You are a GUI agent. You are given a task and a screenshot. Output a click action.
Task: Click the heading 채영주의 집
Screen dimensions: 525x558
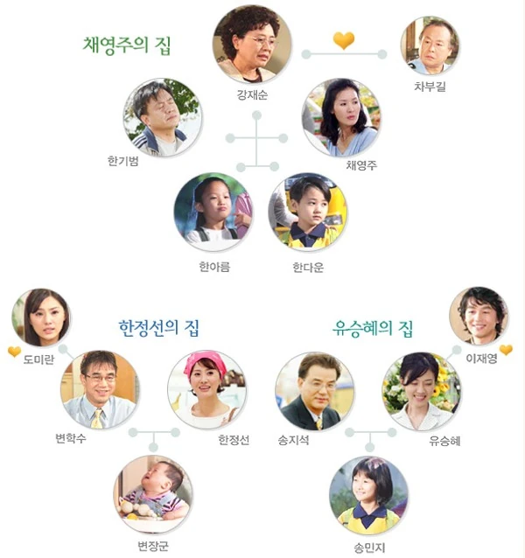[127, 45]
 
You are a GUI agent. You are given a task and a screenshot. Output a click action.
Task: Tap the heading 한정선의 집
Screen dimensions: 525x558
[159, 328]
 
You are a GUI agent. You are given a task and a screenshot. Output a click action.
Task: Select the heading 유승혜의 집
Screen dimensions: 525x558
[374, 329]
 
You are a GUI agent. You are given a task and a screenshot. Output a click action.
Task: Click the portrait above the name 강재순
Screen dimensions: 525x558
[252, 44]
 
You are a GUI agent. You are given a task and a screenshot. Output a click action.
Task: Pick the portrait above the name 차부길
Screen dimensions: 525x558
[430, 45]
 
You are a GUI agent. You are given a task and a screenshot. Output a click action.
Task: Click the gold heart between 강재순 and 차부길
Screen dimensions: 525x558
[344, 40]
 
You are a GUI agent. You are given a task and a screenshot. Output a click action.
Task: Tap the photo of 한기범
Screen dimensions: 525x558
[163, 117]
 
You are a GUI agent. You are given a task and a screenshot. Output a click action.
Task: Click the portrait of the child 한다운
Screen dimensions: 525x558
[307, 211]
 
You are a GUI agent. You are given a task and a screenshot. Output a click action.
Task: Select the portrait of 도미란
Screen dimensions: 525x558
[41, 317]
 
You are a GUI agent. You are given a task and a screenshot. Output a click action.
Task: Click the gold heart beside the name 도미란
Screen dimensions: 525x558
[14, 352]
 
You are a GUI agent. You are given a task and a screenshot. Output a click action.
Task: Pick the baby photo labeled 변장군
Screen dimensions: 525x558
[152, 494]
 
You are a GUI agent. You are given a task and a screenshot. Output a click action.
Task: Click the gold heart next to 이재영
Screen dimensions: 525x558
[506, 350]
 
